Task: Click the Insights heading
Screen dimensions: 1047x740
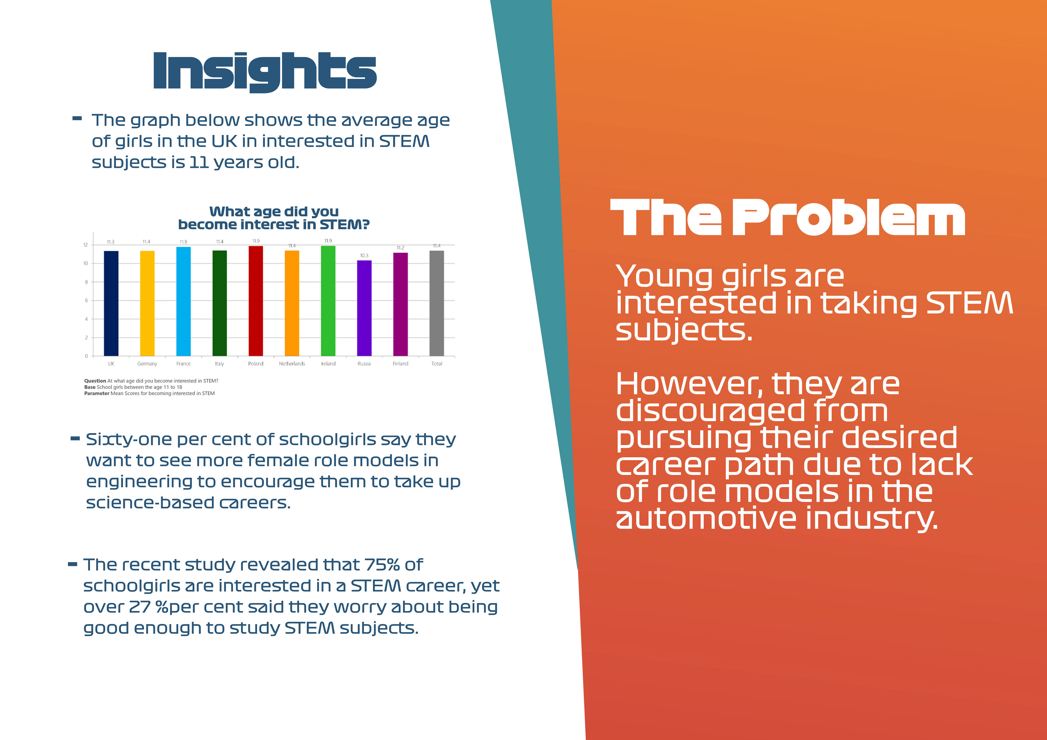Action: [265, 72]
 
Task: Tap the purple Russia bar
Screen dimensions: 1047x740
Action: [364, 308]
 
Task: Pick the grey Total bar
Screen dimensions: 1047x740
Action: [437, 303]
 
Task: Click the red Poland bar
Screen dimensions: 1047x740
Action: [256, 301]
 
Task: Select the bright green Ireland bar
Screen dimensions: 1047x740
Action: [328, 301]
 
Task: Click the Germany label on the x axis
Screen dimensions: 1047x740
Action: [147, 364]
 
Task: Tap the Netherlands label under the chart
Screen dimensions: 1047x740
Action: [292, 364]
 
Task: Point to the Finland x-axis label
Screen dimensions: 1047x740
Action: [400, 364]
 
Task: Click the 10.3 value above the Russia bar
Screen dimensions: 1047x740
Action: [364, 256]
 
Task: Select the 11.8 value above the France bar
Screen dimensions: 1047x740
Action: [183, 242]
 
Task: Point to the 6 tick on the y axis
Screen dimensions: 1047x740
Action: [86, 300]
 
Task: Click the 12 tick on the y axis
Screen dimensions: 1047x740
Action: [85, 245]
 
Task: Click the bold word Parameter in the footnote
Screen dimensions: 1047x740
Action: [97, 394]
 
